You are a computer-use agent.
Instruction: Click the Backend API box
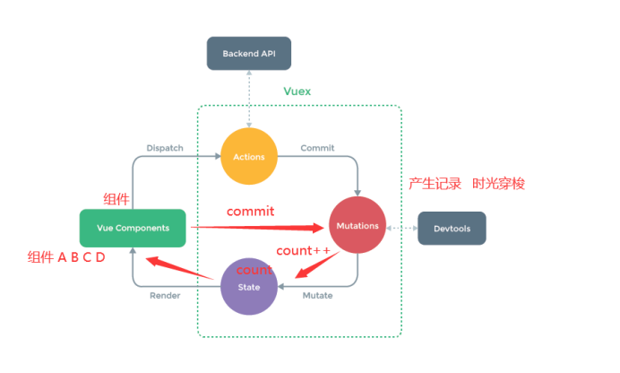pos(249,54)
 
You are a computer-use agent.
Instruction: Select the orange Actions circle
pos(249,156)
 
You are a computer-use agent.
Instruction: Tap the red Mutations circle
pos(357,225)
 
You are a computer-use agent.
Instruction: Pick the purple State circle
pos(249,286)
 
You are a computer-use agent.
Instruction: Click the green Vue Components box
pos(133,229)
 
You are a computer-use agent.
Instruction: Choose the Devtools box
pos(452,229)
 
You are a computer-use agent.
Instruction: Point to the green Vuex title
pos(297,91)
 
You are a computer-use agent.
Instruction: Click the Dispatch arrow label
pos(165,148)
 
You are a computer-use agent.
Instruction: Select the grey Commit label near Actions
pos(317,148)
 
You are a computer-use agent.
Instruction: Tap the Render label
pos(165,296)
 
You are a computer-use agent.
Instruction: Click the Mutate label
pos(317,296)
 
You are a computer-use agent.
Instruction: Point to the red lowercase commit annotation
pos(250,212)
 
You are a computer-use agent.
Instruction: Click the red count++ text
pos(303,251)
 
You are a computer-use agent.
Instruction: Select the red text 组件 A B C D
pos(66,257)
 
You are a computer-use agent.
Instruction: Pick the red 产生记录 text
pos(435,184)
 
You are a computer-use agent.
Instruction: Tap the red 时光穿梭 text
pos(499,184)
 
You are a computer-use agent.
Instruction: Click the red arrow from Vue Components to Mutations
pos(257,228)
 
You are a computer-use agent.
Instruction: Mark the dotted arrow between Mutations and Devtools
pos(402,229)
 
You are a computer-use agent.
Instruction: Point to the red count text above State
pos(254,270)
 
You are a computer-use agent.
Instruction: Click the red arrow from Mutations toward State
pos(317,265)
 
